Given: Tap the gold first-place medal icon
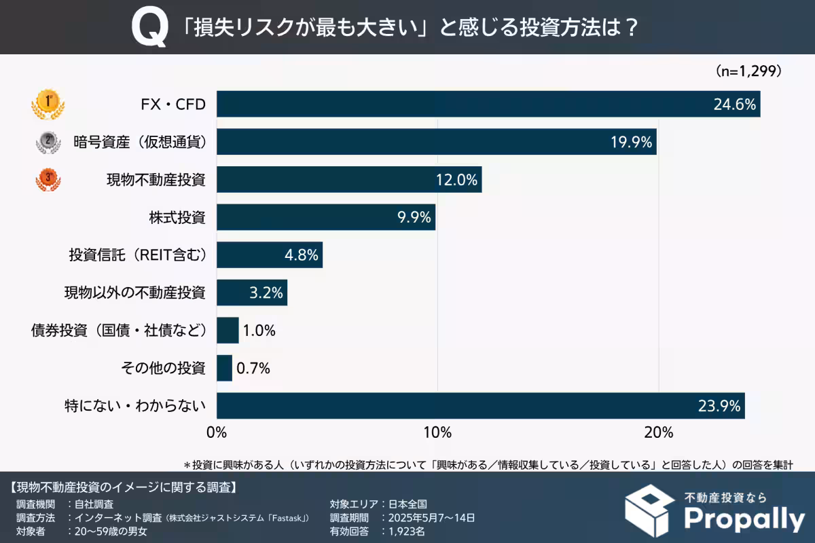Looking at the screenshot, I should point(48,105).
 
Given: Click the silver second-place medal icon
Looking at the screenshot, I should point(48,141).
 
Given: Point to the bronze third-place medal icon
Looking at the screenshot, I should point(48,179).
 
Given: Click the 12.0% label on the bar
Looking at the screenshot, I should point(456,180).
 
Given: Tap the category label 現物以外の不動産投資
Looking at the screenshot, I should point(134,293).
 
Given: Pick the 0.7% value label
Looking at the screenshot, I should point(253,369).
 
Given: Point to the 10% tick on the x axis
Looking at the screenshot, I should point(437,432).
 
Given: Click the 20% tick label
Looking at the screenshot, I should point(658,432).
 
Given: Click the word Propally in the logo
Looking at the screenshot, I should point(744,519).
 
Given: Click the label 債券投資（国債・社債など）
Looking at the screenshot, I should point(118,331).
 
